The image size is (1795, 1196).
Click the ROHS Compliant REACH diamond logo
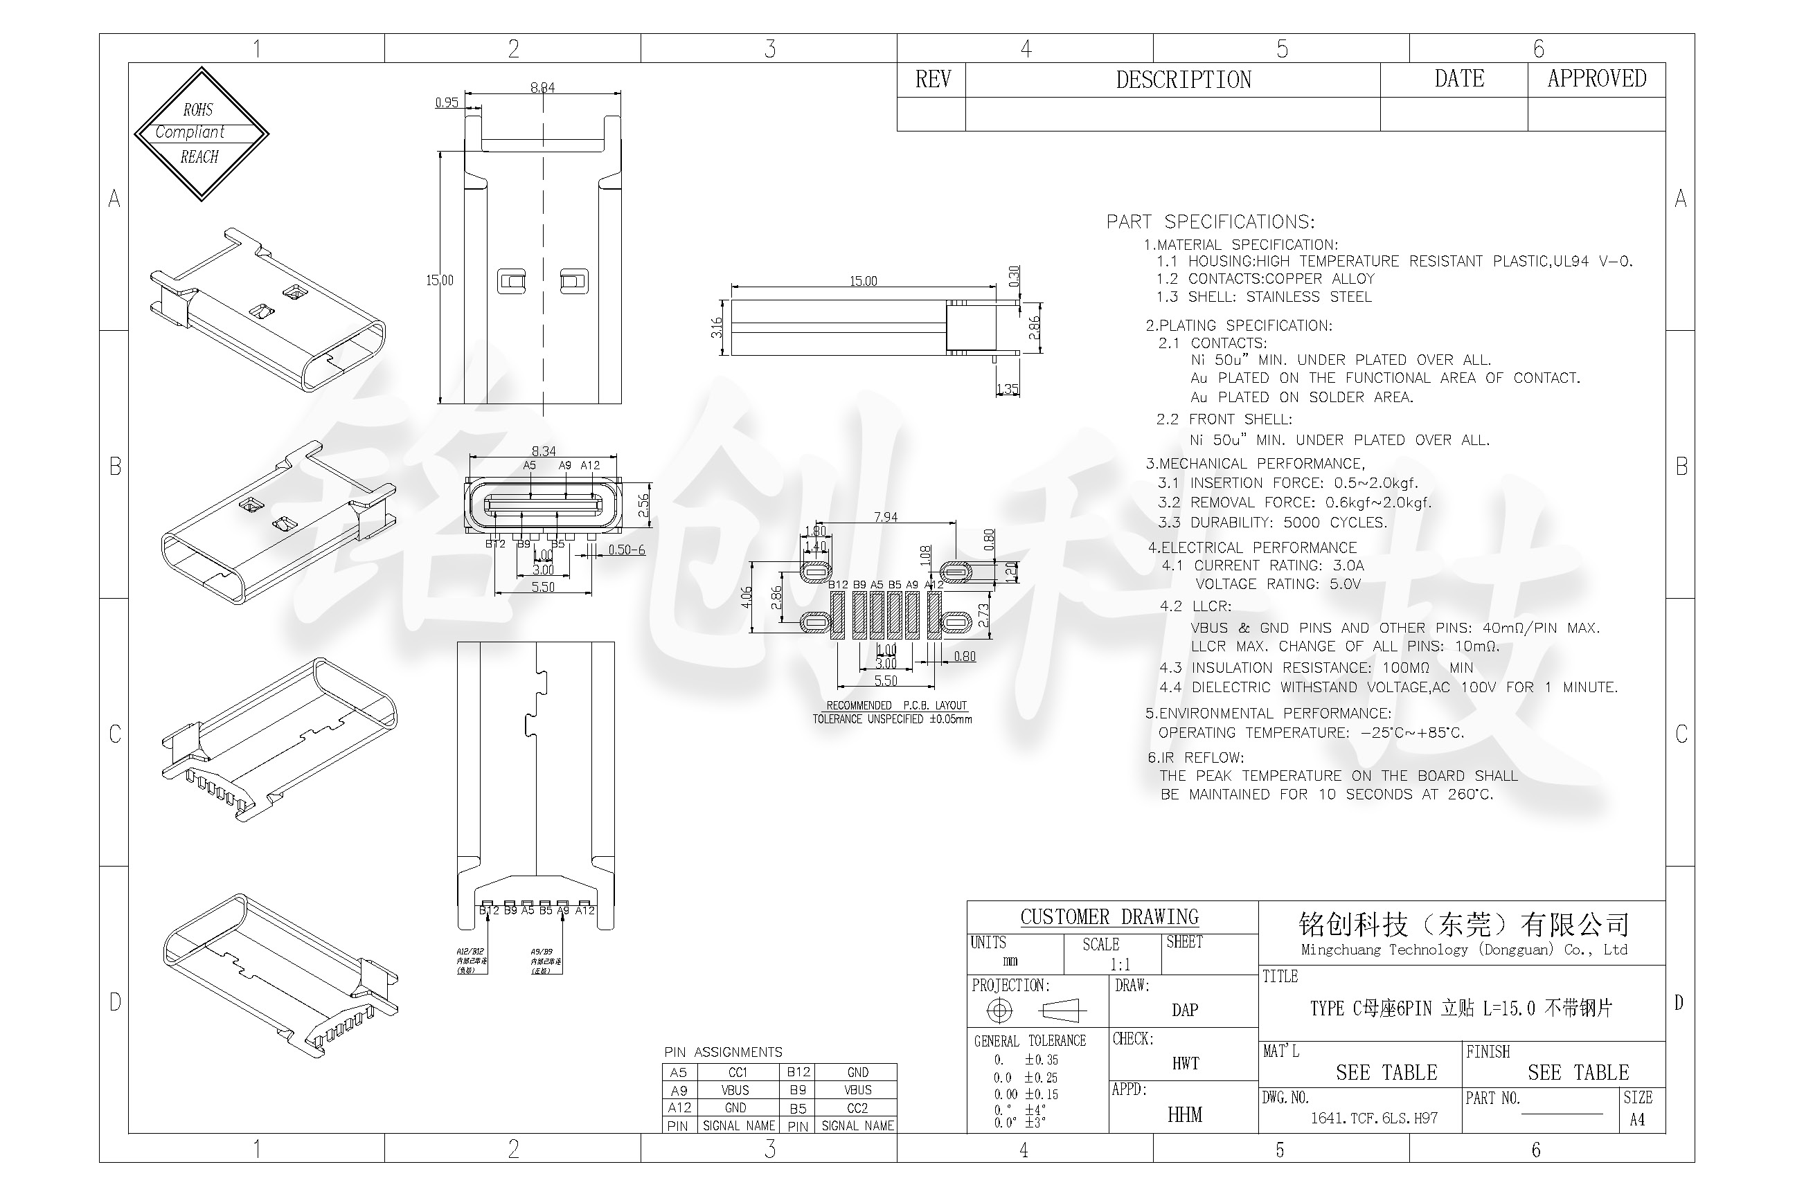[x=201, y=134]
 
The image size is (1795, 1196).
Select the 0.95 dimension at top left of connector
[x=447, y=102]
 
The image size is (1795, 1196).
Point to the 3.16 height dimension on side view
[x=716, y=327]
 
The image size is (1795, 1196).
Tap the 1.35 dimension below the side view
[x=1007, y=389]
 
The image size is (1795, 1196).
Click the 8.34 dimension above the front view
[x=543, y=451]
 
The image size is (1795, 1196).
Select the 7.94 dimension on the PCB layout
[x=885, y=517]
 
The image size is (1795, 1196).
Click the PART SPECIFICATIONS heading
[x=1211, y=222]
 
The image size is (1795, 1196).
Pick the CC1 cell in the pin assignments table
[x=738, y=1071]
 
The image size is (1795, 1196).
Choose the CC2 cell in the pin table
[x=857, y=1108]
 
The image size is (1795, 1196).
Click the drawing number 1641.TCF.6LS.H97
[x=1374, y=1118]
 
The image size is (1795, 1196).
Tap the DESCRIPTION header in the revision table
[x=1183, y=80]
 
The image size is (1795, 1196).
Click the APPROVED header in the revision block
[x=1596, y=79]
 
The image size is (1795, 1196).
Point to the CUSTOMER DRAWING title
[x=1109, y=917]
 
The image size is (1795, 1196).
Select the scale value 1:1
[x=1120, y=964]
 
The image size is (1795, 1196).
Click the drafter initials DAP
[x=1184, y=1010]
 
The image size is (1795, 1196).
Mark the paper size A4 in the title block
[x=1636, y=1120]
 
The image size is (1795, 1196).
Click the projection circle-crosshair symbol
[x=999, y=1011]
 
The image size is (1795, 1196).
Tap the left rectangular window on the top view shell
[x=511, y=282]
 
